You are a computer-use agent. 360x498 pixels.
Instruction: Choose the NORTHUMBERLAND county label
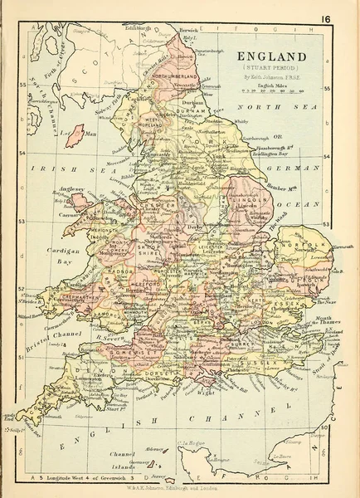[x=171, y=76]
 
